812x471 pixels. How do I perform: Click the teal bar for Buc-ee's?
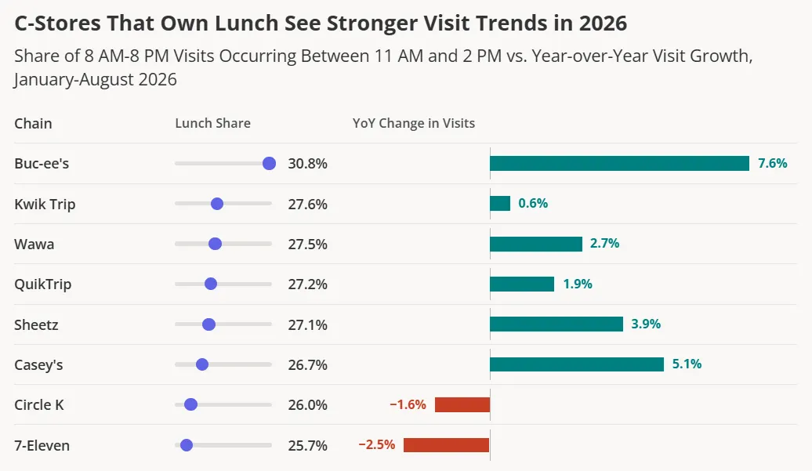pos(619,164)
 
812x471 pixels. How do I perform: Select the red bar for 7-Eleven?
pos(447,445)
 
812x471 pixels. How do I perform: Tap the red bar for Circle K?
pos(462,404)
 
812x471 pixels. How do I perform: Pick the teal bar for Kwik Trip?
pos(500,204)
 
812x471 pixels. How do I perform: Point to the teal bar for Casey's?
pos(577,364)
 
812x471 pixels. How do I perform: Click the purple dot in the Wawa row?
pos(215,244)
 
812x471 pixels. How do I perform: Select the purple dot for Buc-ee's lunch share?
pos(270,164)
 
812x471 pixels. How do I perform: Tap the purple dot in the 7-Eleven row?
pos(187,445)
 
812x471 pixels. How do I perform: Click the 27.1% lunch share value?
pos(307,325)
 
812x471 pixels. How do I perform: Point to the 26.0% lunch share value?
pos(307,404)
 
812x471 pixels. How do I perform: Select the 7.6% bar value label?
pos(773,164)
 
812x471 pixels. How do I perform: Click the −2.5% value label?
pos(377,444)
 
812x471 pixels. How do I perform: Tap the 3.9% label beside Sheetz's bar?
pos(646,324)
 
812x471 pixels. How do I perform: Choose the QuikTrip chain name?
pos(43,284)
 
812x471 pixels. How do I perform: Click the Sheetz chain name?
pos(36,325)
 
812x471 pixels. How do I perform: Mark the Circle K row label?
pos(39,404)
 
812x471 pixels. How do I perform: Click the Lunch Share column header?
pos(213,123)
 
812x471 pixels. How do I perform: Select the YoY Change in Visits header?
pos(414,123)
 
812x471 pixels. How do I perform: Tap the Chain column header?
pos(33,123)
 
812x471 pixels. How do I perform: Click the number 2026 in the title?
pos(603,24)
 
